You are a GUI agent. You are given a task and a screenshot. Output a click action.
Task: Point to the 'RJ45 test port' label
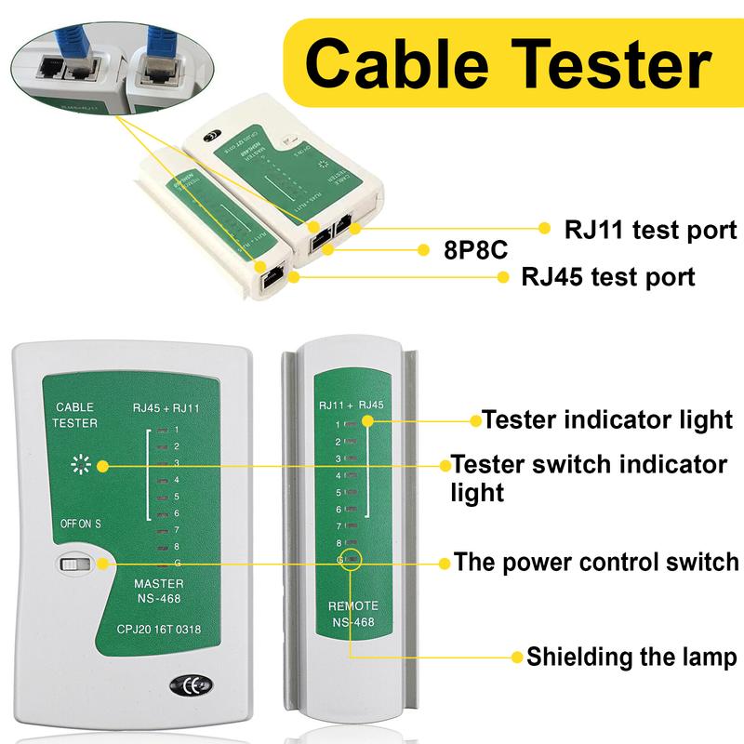[608, 276]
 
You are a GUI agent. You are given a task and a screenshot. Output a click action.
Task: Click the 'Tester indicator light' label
[606, 419]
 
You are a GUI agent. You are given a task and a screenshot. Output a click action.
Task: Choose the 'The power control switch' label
[595, 563]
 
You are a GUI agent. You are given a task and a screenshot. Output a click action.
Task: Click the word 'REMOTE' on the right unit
[352, 604]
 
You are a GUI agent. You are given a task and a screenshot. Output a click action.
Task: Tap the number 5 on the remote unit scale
[339, 492]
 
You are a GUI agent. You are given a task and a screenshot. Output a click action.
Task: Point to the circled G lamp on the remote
[344, 559]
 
